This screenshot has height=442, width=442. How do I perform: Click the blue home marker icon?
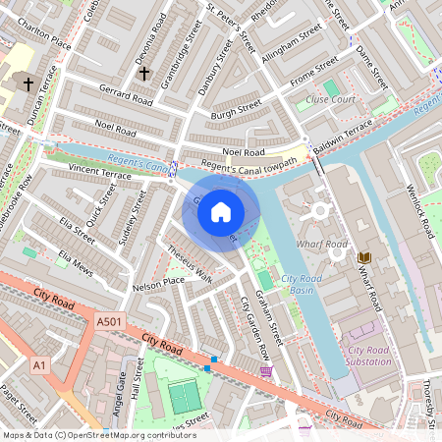coord(221,211)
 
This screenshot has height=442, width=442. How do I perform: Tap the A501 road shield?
coord(110,320)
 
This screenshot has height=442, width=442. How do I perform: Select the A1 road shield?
coord(39,365)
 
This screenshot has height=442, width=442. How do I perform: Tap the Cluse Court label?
coord(330,100)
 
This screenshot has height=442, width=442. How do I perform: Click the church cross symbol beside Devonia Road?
coord(143,73)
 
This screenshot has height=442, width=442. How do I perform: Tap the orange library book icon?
coord(364,257)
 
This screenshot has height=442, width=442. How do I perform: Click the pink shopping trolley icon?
coord(266,371)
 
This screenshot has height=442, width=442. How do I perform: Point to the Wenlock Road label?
coord(423,212)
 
